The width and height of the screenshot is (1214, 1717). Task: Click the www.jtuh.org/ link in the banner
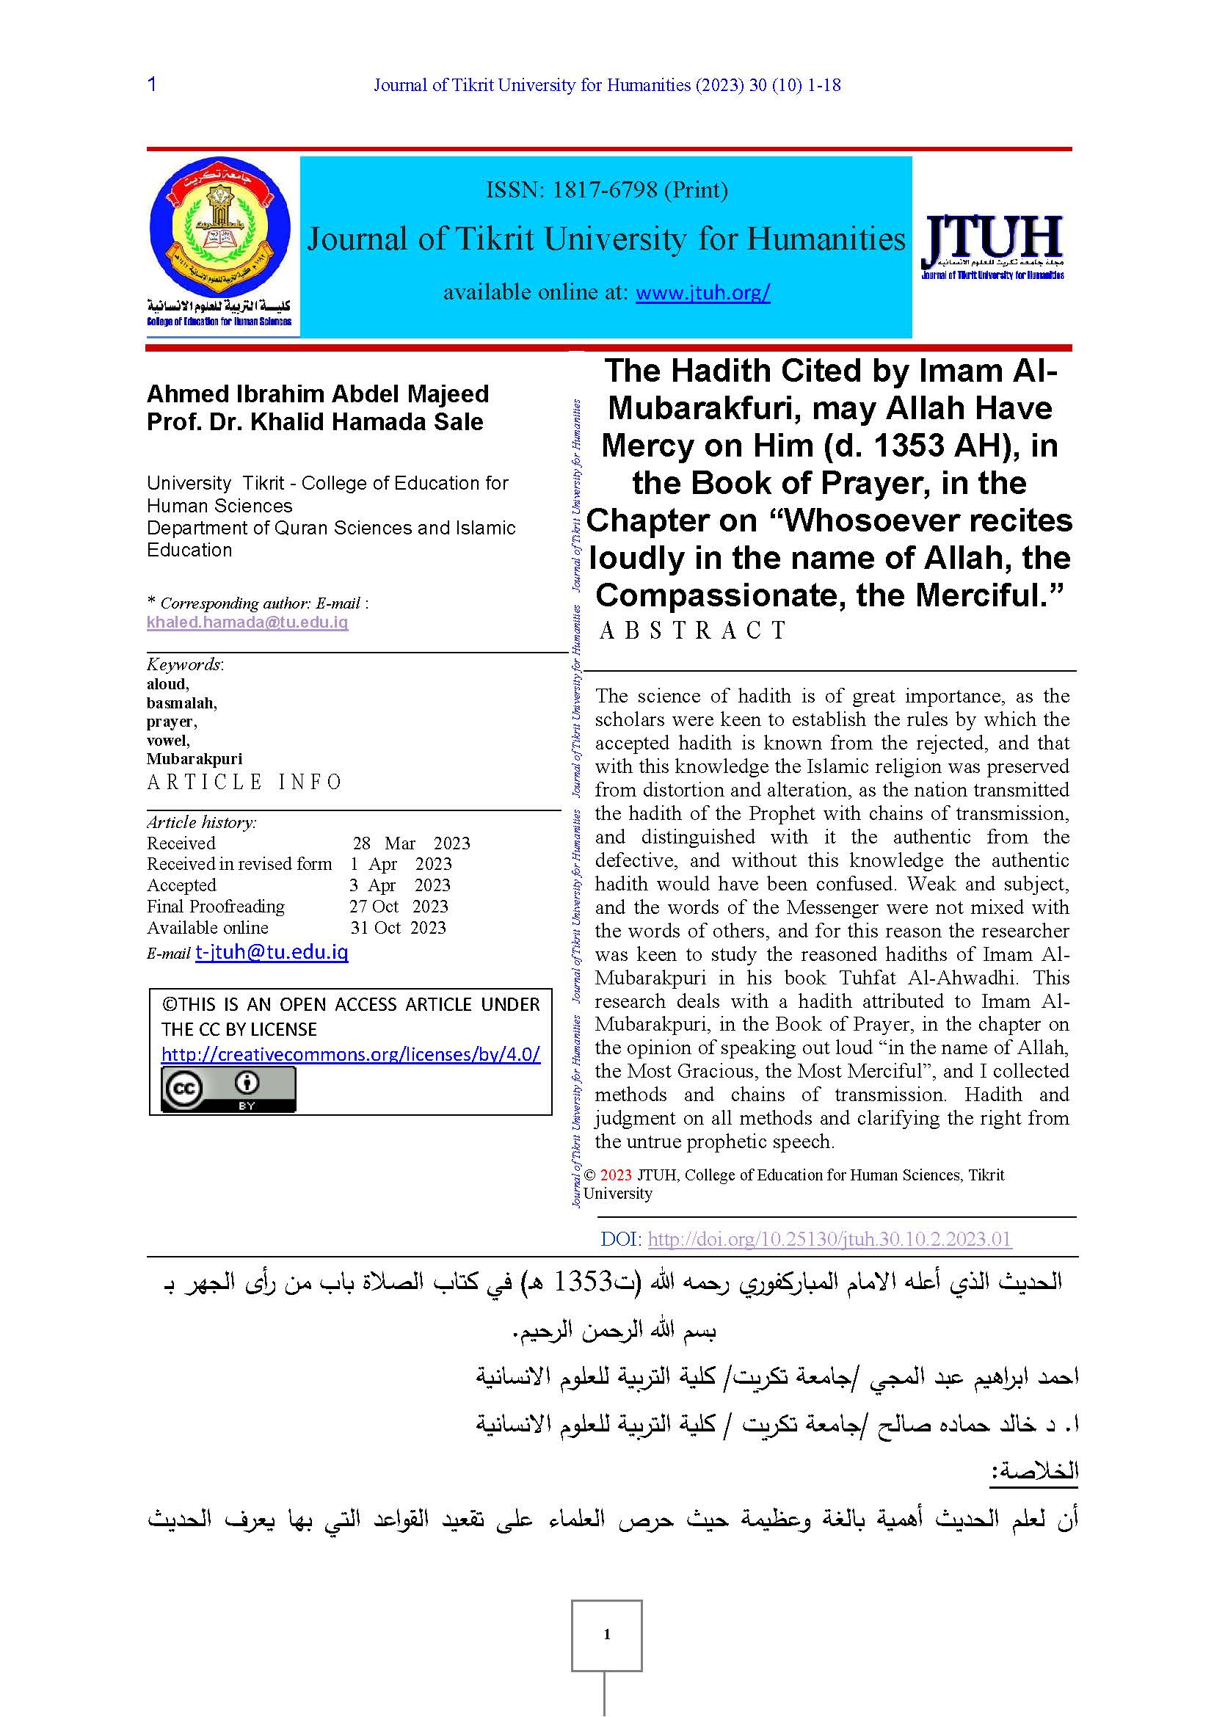tap(702, 292)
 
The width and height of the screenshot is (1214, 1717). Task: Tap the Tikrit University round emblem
tap(219, 226)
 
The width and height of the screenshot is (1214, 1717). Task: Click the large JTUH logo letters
tap(993, 238)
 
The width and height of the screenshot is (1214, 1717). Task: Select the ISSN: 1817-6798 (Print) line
tap(606, 190)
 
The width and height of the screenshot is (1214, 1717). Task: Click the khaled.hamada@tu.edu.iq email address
tap(247, 622)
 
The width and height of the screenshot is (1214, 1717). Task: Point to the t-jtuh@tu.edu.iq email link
tap(272, 952)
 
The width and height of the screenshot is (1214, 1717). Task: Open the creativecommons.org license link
tap(351, 1054)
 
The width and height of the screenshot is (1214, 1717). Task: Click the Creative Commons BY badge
tap(229, 1089)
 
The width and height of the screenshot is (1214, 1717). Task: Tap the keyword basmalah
tap(181, 703)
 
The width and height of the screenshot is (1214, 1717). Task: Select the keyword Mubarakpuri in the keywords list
tap(195, 759)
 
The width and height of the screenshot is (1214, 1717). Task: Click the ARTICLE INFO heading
tap(244, 783)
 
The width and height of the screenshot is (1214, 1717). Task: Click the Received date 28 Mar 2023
tap(411, 843)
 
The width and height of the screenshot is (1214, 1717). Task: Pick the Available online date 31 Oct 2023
tap(398, 928)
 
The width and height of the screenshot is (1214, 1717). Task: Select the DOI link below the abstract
tap(829, 1239)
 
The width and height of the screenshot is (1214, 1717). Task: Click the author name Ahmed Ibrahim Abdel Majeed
tap(318, 394)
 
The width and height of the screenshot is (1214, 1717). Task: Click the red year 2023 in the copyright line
tap(616, 1175)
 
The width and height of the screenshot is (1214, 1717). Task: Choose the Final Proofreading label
tap(215, 907)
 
